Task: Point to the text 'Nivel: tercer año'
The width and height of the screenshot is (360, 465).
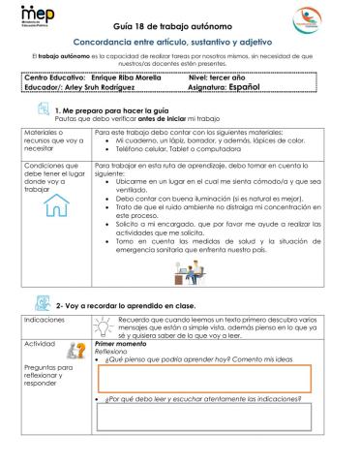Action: [x=230, y=75]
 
